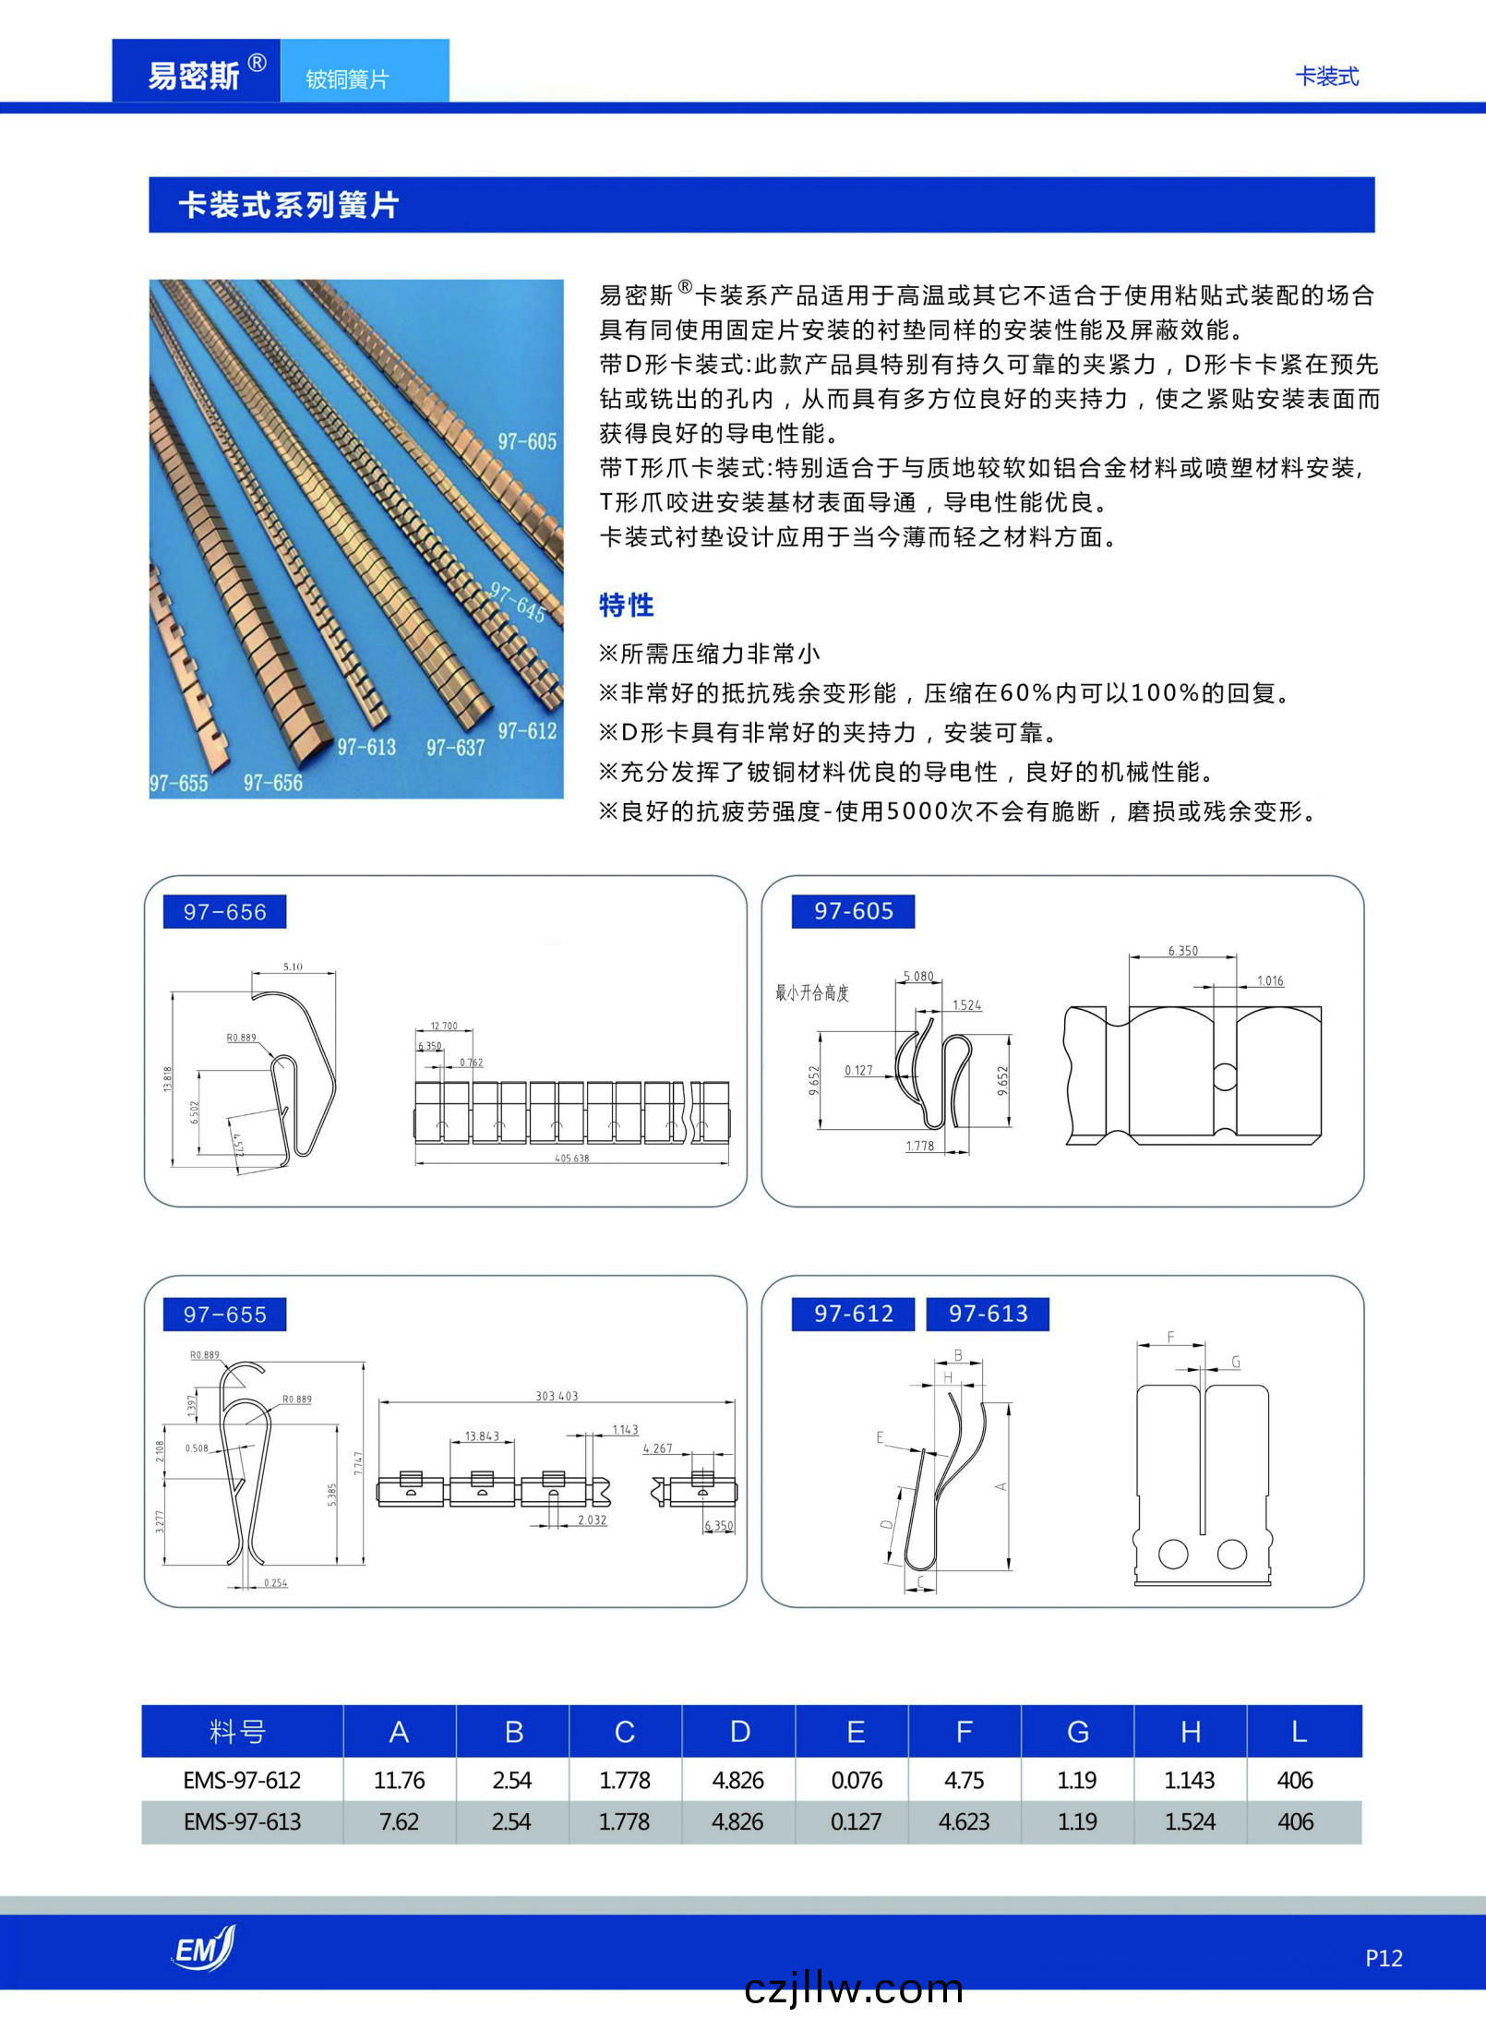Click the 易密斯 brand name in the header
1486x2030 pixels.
[194, 75]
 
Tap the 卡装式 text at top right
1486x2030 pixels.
[1326, 77]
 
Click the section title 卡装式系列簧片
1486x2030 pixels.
[288, 205]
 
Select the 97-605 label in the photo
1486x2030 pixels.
[527, 441]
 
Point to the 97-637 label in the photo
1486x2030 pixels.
[455, 747]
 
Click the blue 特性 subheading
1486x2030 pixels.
[626, 605]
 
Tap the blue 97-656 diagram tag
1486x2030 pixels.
[224, 911]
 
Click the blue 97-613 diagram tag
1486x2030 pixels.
[988, 1313]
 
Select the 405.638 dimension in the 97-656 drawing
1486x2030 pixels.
[571, 1158]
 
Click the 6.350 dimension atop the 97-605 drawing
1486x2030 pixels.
[1182, 950]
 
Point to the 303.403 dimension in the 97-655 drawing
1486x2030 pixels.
[557, 1395]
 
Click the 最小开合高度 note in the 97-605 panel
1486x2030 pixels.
[811, 992]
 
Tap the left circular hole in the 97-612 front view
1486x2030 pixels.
[1173, 1554]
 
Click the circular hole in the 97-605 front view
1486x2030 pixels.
[1224, 1075]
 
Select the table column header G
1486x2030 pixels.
[1077, 1731]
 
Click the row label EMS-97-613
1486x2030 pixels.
[242, 1821]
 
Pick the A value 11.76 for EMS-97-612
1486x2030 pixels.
[399, 1780]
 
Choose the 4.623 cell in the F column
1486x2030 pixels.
[964, 1821]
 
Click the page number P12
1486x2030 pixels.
[1383, 1958]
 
